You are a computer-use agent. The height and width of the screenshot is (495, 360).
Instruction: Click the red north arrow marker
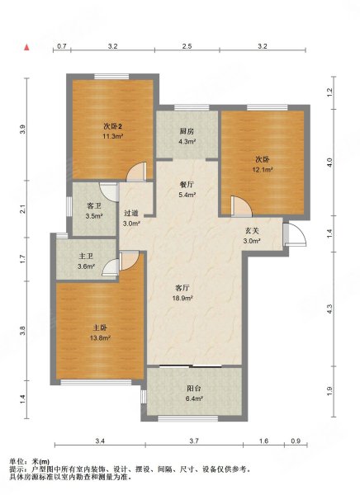27,47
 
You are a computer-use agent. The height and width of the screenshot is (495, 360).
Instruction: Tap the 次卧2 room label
113,126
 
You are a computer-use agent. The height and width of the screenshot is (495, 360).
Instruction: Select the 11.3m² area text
113,136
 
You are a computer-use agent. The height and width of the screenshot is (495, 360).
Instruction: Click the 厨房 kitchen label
187,131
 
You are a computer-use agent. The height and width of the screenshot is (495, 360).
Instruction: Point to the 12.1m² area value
263,169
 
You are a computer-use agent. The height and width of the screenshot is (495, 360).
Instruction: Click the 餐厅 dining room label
187,185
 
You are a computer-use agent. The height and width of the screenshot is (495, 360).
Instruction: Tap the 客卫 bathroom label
94,206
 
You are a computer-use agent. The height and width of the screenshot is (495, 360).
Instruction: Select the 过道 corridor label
131,214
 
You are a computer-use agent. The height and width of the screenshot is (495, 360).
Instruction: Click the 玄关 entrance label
252,231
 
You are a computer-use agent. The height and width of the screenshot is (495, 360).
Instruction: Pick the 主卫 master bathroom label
86,257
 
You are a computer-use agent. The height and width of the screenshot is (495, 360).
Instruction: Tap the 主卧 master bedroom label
100,328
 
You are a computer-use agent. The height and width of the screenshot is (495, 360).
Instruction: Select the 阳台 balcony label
194,389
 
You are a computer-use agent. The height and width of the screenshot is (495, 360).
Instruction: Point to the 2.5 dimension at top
187,46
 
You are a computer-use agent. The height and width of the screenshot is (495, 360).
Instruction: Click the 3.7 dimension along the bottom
194,441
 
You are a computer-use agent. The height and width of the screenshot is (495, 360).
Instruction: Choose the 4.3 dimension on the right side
329,309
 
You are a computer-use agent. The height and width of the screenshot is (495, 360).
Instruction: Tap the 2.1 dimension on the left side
21,209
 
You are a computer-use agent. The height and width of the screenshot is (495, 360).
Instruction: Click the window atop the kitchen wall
192,107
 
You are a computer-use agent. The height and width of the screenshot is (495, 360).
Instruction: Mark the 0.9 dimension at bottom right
296,441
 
